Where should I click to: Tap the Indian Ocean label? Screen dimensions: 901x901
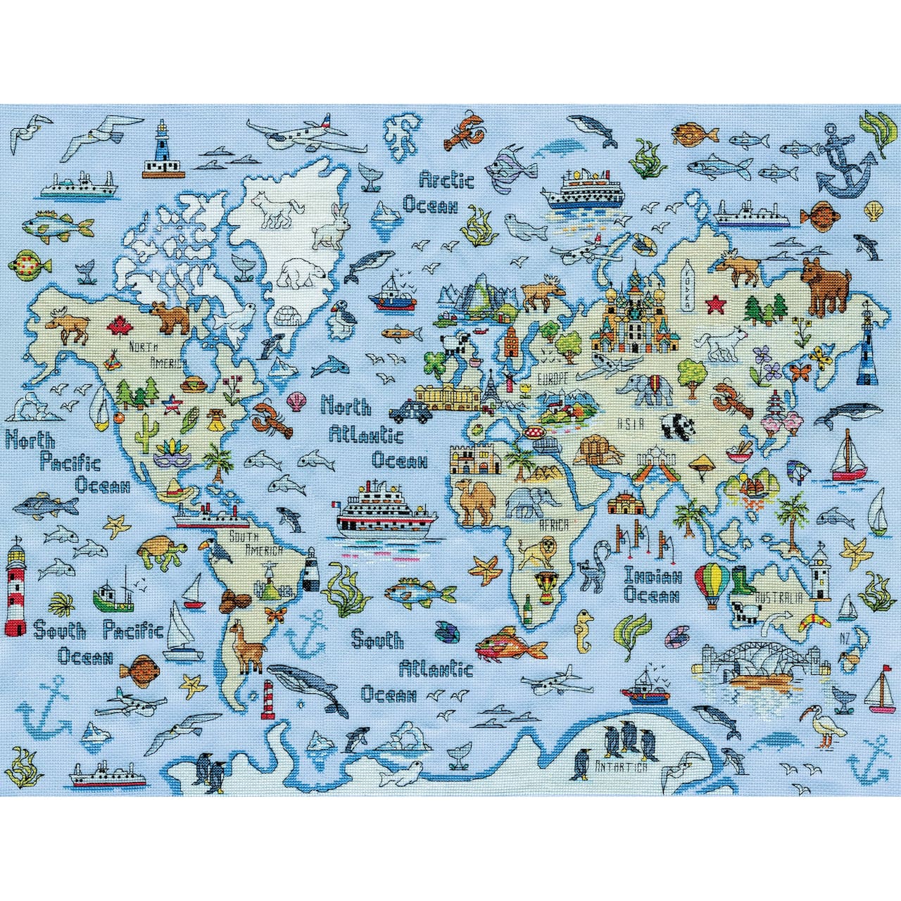(653, 586)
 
